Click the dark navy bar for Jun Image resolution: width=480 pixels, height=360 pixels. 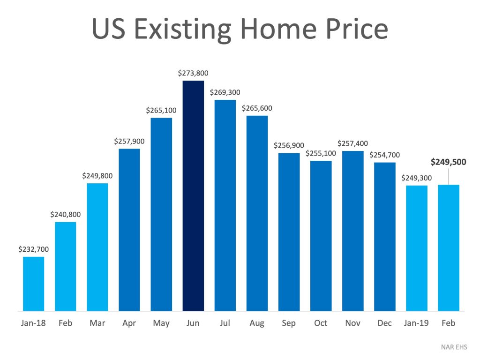193,195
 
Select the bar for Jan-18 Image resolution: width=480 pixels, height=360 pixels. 34,284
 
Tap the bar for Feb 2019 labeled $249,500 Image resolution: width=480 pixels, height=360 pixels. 449,247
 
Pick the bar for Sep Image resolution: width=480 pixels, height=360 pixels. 289,232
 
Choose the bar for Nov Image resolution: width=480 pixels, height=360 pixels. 352,231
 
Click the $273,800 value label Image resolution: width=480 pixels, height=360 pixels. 193,73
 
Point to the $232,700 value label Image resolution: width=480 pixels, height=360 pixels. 34,249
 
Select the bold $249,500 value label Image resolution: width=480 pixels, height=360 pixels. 449,162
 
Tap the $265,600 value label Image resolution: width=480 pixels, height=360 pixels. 257,108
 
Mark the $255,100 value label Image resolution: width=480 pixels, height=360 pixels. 321,153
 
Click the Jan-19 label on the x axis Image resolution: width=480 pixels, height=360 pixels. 416,323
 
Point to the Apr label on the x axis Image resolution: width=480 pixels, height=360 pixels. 129,323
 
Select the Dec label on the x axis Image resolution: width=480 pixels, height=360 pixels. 384,323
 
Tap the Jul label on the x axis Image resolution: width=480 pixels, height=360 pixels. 225,323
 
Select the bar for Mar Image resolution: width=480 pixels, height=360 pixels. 97,247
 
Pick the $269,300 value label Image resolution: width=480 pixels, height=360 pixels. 225,92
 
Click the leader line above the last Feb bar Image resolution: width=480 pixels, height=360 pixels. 449,177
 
